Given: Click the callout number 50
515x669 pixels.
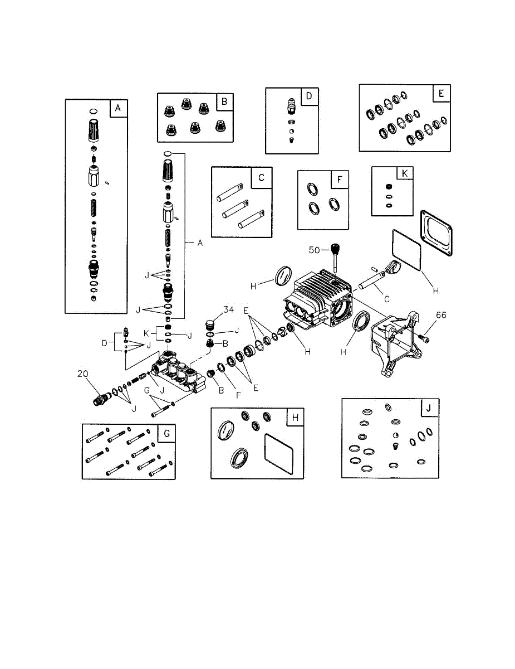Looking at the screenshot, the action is (314, 250).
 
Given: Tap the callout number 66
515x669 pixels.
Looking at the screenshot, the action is (441, 315).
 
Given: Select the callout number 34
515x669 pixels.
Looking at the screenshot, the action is (228, 309).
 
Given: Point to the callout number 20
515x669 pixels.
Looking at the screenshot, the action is (83, 374).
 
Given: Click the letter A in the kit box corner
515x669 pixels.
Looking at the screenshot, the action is (118, 108).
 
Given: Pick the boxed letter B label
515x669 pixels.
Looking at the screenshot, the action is (224, 101).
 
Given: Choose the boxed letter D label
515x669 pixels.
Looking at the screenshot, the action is (309, 96).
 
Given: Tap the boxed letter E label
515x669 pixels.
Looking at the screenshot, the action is (441, 93).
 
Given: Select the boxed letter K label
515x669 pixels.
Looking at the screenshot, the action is (405, 173).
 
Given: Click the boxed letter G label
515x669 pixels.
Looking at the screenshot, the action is (167, 434).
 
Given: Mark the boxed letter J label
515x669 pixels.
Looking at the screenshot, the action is (429, 408).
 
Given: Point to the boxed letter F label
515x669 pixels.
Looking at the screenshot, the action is (340, 180).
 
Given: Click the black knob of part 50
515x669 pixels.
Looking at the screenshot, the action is (335, 248).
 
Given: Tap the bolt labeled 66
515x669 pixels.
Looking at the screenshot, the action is (424, 338).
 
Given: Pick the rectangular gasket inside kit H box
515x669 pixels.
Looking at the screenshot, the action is (278, 454).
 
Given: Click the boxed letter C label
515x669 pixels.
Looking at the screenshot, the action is (261, 178).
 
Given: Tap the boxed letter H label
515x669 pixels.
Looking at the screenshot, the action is (295, 418).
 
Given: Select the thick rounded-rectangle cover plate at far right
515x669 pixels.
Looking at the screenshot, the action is (436, 233).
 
